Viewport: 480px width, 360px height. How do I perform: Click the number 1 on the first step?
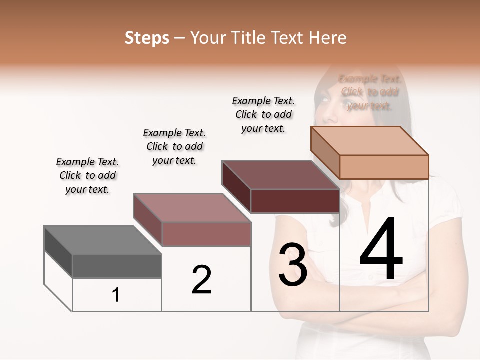[116, 295]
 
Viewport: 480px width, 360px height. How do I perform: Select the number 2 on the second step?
[201, 279]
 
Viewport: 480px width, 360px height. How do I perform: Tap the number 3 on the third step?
[293, 265]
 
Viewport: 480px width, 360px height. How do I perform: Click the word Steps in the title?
[147, 38]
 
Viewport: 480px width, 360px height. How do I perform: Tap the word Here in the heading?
[327, 38]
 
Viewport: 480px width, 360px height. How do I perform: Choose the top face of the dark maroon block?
[280, 175]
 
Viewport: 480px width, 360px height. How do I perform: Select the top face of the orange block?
[369, 140]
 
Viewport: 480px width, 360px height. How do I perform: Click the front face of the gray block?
[117, 266]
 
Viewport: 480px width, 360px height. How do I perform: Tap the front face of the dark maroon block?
[295, 201]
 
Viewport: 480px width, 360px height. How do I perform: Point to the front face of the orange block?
[384, 167]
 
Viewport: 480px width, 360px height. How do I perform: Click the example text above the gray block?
[87, 176]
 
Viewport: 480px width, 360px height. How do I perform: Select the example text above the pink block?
[174, 147]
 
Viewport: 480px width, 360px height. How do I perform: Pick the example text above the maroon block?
[263, 114]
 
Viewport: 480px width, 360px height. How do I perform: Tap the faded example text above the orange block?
[370, 92]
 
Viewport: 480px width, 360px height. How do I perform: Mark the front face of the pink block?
[206, 234]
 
